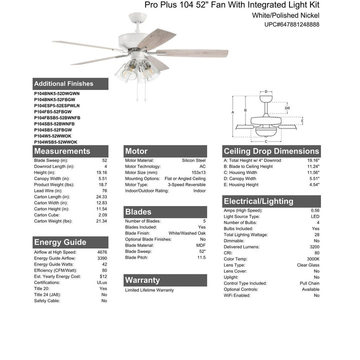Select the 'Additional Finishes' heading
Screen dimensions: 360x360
[x=63, y=84]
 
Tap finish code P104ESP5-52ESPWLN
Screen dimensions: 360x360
[x=57, y=105]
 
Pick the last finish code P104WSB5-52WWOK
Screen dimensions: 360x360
[x=55, y=142]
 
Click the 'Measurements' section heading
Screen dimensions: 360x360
[x=62, y=151]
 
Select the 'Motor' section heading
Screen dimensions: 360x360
[x=136, y=151]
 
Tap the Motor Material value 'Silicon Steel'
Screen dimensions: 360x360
[x=193, y=160]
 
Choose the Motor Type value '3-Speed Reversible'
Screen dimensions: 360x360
[x=186, y=184]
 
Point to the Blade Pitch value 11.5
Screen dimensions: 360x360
[x=201, y=257]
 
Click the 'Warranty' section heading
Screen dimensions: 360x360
[x=142, y=280]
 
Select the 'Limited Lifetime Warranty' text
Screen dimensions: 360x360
[x=149, y=290]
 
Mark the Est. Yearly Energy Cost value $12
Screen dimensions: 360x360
[x=103, y=276]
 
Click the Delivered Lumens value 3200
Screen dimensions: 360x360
[x=313, y=247]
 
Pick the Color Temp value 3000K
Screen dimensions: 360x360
[x=313, y=259]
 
